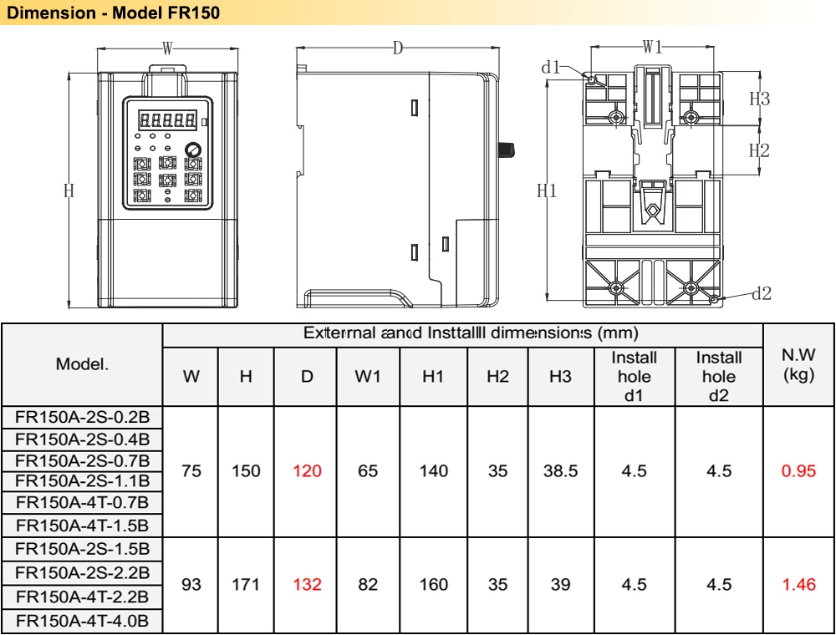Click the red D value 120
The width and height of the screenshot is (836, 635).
pos(307,471)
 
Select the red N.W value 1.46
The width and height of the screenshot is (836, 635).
pos(798,585)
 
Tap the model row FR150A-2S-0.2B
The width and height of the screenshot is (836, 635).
pos(82,416)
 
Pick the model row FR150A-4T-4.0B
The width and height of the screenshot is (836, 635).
pos(82,621)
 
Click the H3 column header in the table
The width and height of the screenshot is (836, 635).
pos(560,377)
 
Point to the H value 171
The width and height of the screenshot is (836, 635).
pos(246,585)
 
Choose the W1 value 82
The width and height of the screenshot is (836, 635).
pos(368,585)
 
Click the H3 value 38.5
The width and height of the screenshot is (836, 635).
pos(560,471)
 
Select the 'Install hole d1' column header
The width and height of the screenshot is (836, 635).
pos(635,376)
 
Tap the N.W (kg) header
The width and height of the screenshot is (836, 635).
pos(798,366)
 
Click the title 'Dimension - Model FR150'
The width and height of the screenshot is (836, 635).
pos(113,14)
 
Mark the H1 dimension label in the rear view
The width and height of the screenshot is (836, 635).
pos(547,190)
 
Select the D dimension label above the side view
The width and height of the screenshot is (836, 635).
pos(398,48)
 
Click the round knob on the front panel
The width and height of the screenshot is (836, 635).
pos(193,150)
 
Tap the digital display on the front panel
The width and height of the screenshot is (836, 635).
pos(167,119)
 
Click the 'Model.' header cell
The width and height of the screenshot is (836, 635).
pos(82,364)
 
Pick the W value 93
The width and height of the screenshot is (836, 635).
pos(191,585)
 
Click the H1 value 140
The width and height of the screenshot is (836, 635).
pos(433,471)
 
